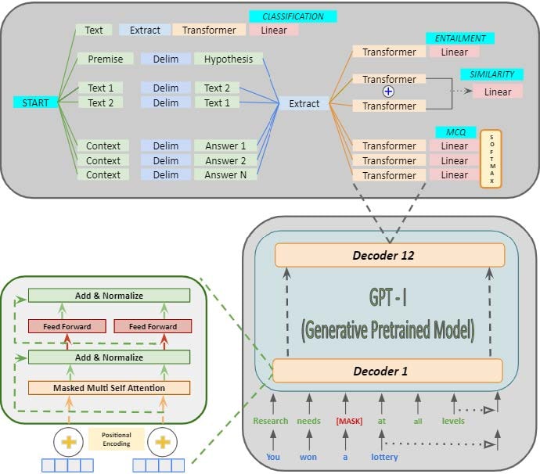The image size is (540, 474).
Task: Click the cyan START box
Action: pos(35,102)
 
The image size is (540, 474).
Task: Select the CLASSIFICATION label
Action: pos(293,16)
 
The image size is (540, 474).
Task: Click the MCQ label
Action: pos(451,132)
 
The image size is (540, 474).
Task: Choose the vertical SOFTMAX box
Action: pos(490,160)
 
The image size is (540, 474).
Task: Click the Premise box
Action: pos(105,59)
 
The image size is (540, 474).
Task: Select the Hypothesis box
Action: pos(229,59)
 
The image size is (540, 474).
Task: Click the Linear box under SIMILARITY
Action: pos(498,92)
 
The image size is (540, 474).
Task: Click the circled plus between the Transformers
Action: pos(388,92)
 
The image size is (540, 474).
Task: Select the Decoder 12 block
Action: pos(389,255)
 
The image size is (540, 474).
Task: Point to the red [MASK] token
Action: pos(349,421)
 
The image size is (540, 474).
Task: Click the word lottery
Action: pos(384,457)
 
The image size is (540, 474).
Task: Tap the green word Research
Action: pos(272,421)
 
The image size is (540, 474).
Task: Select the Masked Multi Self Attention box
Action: pos(109,387)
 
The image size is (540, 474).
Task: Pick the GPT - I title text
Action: pos(388,298)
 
